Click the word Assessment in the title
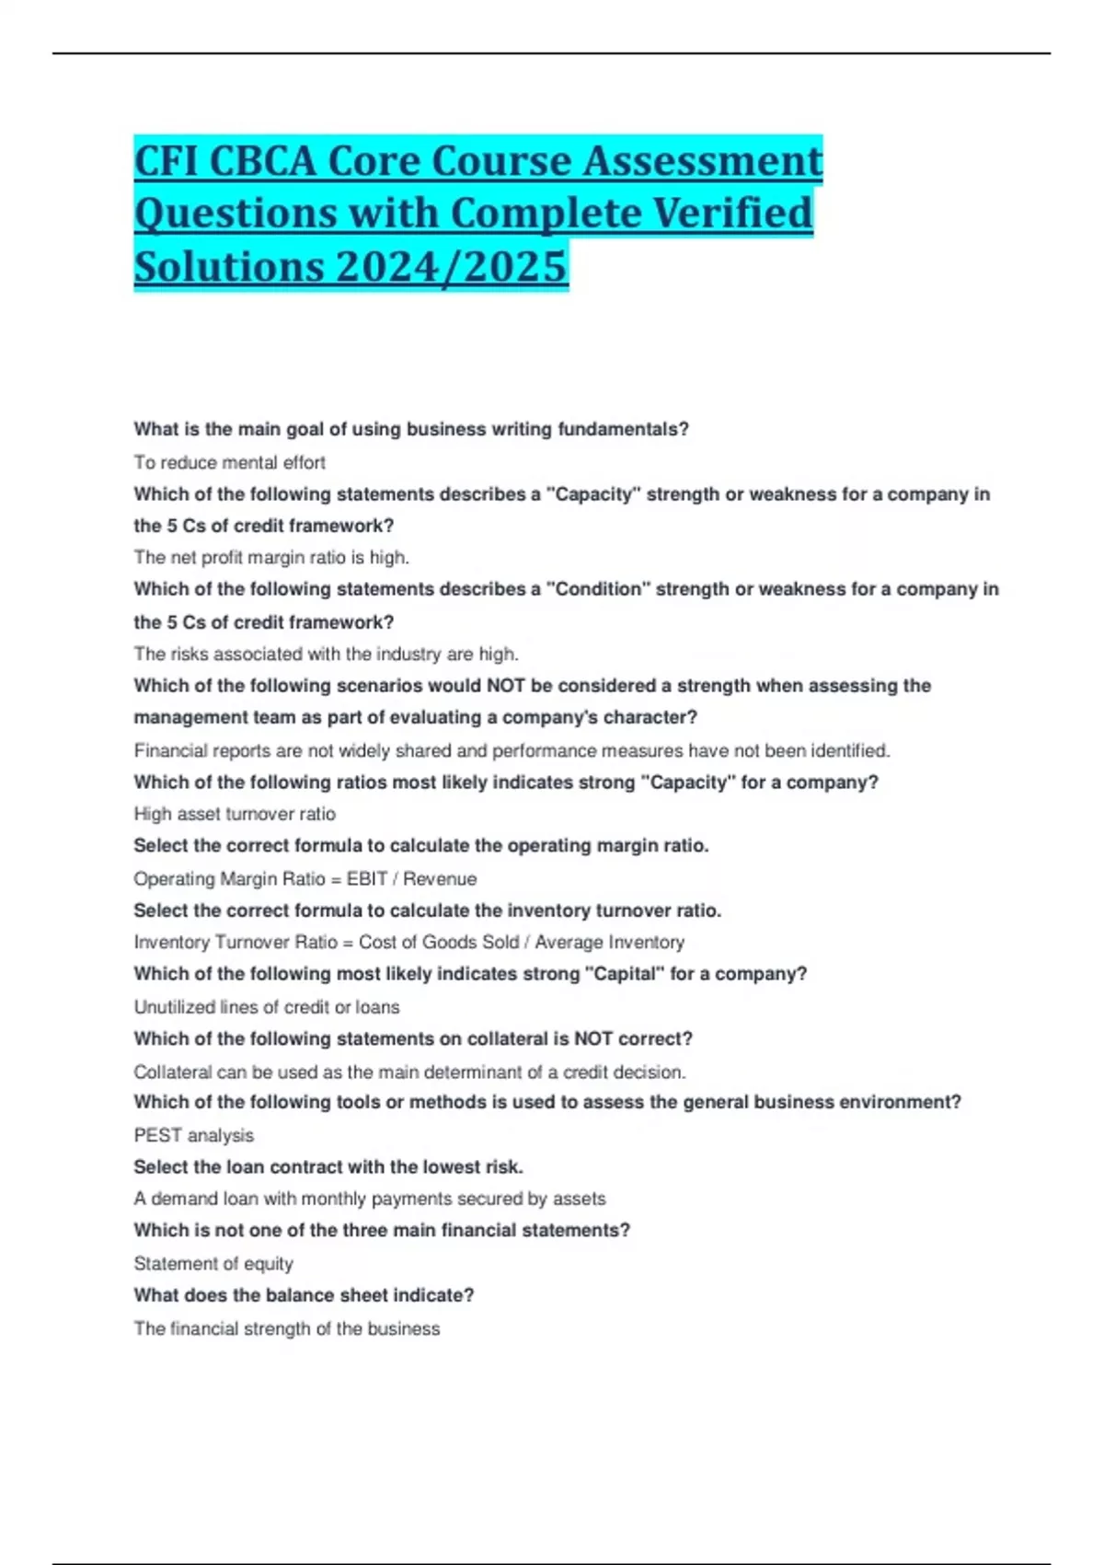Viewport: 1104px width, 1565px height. (703, 161)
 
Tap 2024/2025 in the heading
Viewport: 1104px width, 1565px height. (452, 267)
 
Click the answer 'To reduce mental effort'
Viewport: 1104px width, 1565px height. (229, 462)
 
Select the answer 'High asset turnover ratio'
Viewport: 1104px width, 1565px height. (235, 814)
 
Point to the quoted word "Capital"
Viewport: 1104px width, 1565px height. (624, 974)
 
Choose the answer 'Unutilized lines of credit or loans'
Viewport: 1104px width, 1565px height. (267, 1007)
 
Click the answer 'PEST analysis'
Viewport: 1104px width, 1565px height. (193, 1135)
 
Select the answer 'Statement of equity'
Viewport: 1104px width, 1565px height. (213, 1264)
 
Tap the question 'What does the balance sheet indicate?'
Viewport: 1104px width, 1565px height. (304, 1295)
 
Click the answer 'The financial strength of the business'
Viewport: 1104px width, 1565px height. (287, 1328)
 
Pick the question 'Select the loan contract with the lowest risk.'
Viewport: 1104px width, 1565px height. (328, 1167)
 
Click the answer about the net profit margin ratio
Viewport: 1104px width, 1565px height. (271, 557)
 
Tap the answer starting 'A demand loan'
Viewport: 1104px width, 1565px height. (370, 1199)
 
